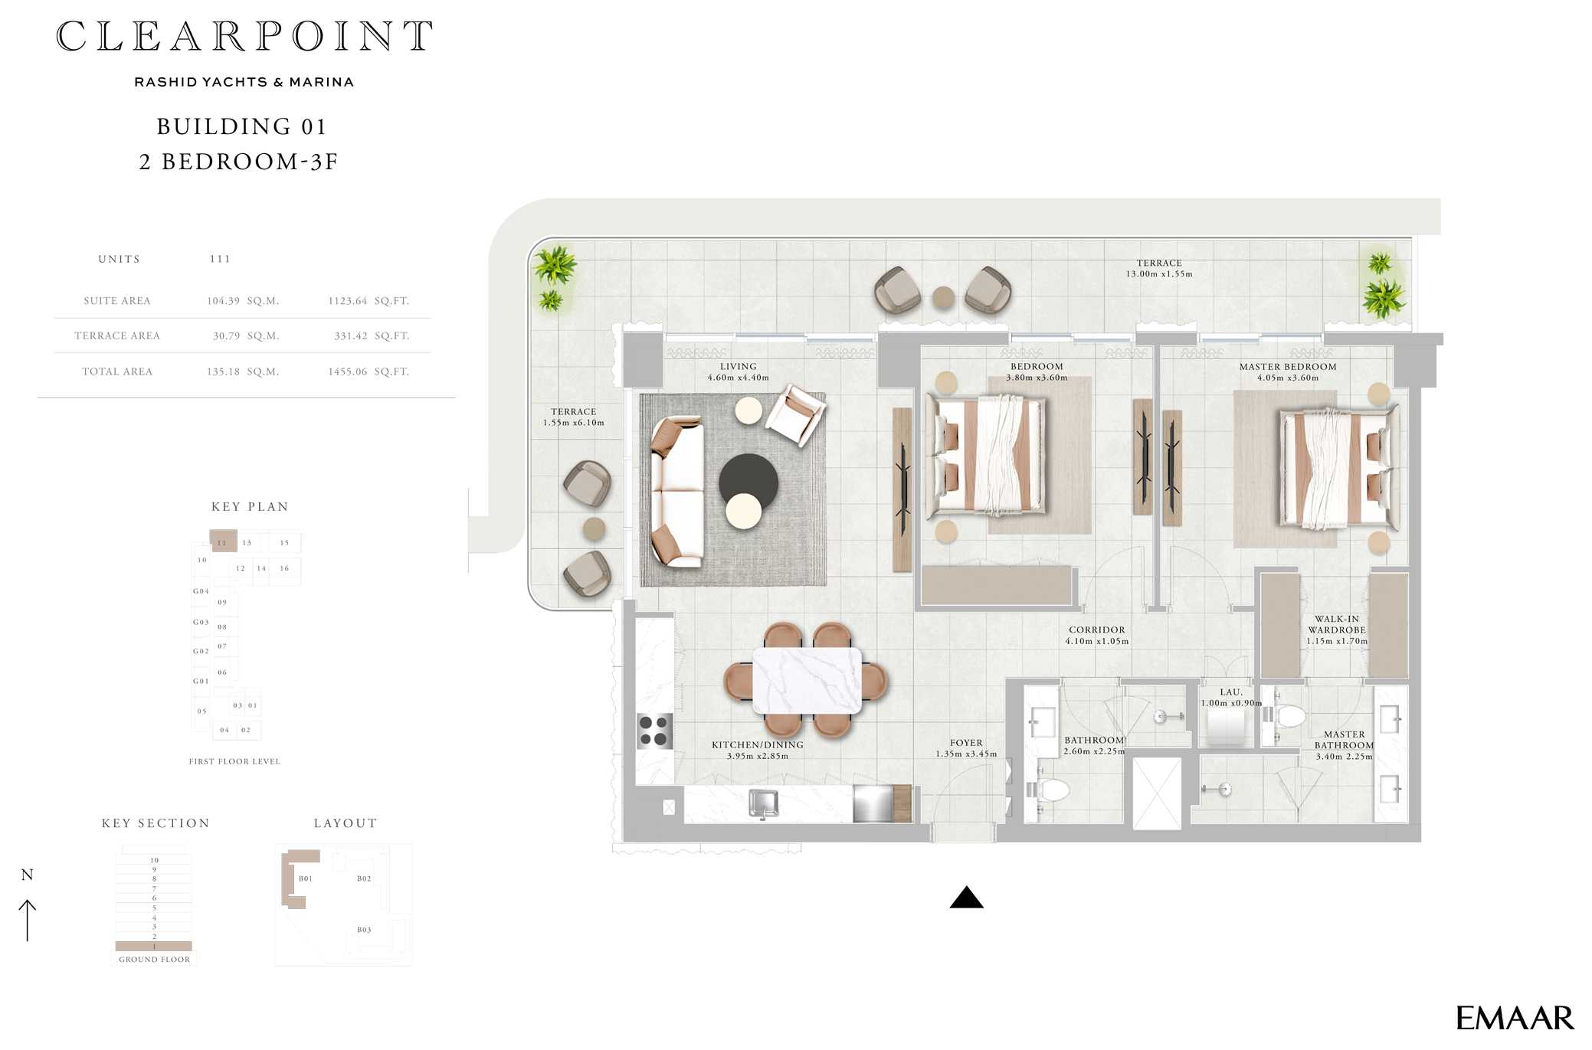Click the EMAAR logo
pyautogui.click(x=1515, y=1018)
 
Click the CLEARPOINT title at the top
pyautogui.click(x=244, y=36)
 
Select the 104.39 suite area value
pyautogui.click(x=223, y=301)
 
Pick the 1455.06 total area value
pyautogui.click(x=348, y=371)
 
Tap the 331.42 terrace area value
pyautogui.click(x=351, y=336)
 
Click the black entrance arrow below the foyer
pyautogui.click(x=966, y=897)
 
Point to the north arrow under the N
pyautogui.click(x=28, y=920)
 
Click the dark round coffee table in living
pyautogui.click(x=748, y=482)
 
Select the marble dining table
pyautogui.click(x=807, y=680)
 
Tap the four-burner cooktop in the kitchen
pyautogui.click(x=655, y=731)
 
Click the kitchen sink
pyautogui.click(x=763, y=804)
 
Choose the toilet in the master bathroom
pyautogui.click(x=1287, y=716)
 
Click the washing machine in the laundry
pyautogui.click(x=1230, y=727)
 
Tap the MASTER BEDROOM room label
pyautogui.click(x=1288, y=367)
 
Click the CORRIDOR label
pyautogui.click(x=1097, y=630)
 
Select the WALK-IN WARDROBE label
pyautogui.click(x=1337, y=625)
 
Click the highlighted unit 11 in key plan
pyautogui.click(x=223, y=541)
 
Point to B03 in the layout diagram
pyautogui.click(x=364, y=930)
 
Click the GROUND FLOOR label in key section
pyautogui.click(x=154, y=960)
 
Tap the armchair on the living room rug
pyautogui.click(x=796, y=415)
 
